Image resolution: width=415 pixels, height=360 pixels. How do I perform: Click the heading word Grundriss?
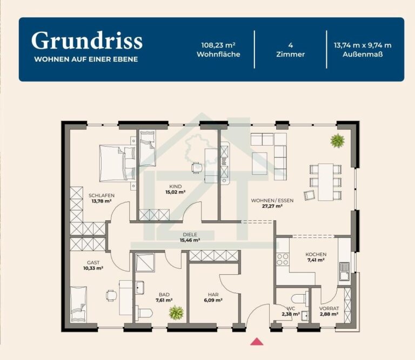click(x=87, y=40)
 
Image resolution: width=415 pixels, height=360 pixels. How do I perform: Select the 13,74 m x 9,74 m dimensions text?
click(x=363, y=45)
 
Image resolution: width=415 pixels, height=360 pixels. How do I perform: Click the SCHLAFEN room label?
click(x=102, y=195)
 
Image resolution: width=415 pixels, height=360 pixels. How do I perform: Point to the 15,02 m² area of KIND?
click(x=175, y=192)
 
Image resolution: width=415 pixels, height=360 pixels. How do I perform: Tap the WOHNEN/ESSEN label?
click(x=272, y=201)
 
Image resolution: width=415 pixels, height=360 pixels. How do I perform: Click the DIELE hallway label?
click(x=190, y=234)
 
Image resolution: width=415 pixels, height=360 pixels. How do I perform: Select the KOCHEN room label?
click(x=316, y=254)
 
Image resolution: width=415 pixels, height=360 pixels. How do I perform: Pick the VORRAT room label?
click(x=329, y=309)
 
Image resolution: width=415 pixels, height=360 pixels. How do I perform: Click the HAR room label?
click(x=213, y=295)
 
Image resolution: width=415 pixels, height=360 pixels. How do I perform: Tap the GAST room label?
click(x=93, y=262)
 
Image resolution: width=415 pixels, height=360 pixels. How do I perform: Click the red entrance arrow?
click(x=257, y=342)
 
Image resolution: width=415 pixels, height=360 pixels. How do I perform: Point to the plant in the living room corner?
click(x=337, y=140)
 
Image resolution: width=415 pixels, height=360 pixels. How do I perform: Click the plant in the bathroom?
click(x=176, y=312)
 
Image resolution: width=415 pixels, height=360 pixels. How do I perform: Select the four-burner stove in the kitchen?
click(x=283, y=259)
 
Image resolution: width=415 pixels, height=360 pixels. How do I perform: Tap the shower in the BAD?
click(x=145, y=262)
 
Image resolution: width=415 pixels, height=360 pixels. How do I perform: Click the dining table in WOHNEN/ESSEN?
click(x=325, y=182)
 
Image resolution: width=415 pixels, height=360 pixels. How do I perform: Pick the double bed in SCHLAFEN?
click(x=117, y=163)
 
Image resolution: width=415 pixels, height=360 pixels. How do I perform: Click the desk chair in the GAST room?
click(x=111, y=296)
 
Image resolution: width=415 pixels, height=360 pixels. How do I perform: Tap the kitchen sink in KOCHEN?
click(x=344, y=271)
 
